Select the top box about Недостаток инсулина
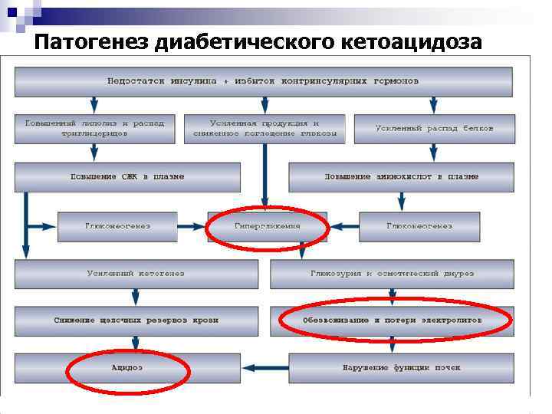pos(263,81)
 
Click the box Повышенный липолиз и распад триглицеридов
pos(94,128)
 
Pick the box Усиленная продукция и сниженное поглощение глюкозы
pos(264,128)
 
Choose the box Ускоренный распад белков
pos(435,128)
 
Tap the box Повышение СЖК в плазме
pos(127,177)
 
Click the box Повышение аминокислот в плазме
pos(401,177)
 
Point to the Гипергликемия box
pos(267,226)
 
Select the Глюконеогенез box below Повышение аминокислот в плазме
pos(419,226)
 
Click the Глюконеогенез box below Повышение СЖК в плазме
pos(117,226)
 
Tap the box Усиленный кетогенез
pos(135,274)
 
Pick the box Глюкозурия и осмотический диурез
pos(392,274)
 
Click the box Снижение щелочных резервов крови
pos(136,320)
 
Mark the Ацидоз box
pos(127,368)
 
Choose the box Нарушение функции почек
pos(401,368)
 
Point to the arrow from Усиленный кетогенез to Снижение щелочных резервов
pos(136,297)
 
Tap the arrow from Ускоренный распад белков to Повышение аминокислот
pos(435,153)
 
